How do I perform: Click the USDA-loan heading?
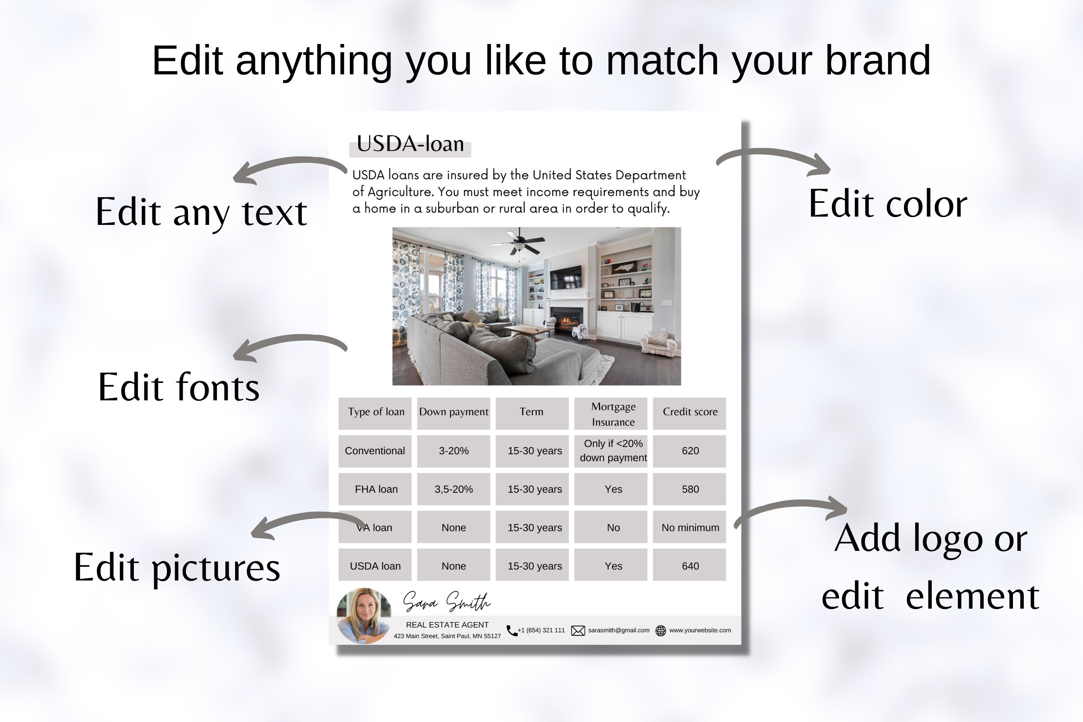[x=410, y=144]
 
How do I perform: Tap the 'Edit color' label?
[x=887, y=204]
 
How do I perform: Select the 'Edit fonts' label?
[x=179, y=387]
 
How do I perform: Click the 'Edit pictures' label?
[x=177, y=567]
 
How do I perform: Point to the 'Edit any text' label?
[x=201, y=212]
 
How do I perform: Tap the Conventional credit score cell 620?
[x=690, y=451]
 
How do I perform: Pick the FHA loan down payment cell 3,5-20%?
[x=453, y=489]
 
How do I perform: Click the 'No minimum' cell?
[x=690, y=528]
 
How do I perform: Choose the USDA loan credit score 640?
[x=690, y=566]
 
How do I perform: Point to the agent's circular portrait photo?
[x=364, y=615]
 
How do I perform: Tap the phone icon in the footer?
[x=511, y=630]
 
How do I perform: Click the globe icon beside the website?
[x=660, y=630]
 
